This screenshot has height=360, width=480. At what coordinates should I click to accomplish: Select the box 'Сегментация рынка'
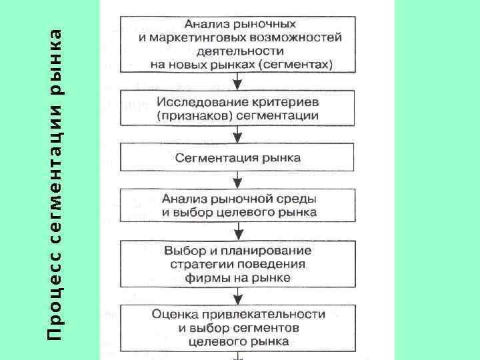tap(238, 159)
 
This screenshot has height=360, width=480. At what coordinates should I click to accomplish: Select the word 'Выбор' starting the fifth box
tap(180, 251)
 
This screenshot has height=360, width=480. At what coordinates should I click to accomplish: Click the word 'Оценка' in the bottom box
tap(172, 313)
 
